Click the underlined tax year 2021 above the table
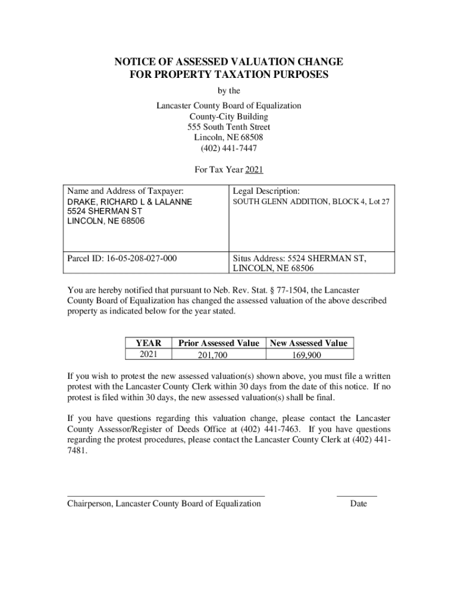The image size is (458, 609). point(254,170)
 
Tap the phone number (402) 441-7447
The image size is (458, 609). point(229,148)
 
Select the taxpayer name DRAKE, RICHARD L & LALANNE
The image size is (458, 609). point(129,202)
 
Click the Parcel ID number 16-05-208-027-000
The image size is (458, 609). point(142,259)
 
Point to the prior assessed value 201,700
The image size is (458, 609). point(212,356)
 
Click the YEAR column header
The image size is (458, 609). point(148,343)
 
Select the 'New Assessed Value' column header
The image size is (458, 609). point(309,343)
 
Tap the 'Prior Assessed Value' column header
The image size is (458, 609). point(218,343)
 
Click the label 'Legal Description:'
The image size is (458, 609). point(266,191)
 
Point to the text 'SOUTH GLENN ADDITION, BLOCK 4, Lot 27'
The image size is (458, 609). point(311,202)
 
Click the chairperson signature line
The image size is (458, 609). point(166,495)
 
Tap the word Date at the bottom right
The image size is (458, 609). point(359,504)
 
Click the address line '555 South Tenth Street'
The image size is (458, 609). point(229,127)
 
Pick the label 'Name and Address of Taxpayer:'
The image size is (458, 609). point(126,191)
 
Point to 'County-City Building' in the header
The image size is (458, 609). point(229,117)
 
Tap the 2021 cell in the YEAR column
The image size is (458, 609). point(148,354)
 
